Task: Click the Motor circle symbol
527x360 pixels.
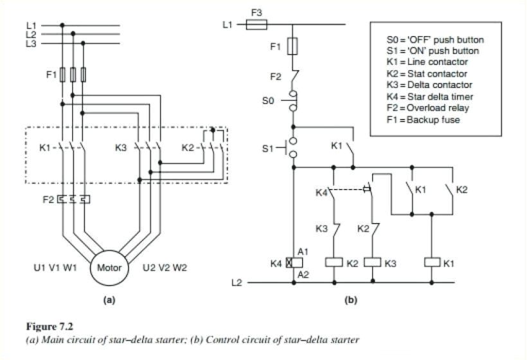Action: click(109, 267)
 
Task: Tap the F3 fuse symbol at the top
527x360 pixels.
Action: click(258, 25)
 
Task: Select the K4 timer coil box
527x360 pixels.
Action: click(289, 262)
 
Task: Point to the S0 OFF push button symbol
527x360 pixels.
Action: click(293, 100)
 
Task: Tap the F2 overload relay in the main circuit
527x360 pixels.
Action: click(74, 199)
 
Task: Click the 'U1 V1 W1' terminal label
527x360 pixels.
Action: click(55, 267)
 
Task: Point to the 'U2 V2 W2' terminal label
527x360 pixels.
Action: click(165, 267)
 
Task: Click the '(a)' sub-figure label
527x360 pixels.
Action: click(109, 300)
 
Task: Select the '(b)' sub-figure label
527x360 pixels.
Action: click(350, 300)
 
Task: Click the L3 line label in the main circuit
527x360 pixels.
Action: click(31, 44)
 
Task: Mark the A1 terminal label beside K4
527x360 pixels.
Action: click(303, 251)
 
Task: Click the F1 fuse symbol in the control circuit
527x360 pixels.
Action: click(293, 46)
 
